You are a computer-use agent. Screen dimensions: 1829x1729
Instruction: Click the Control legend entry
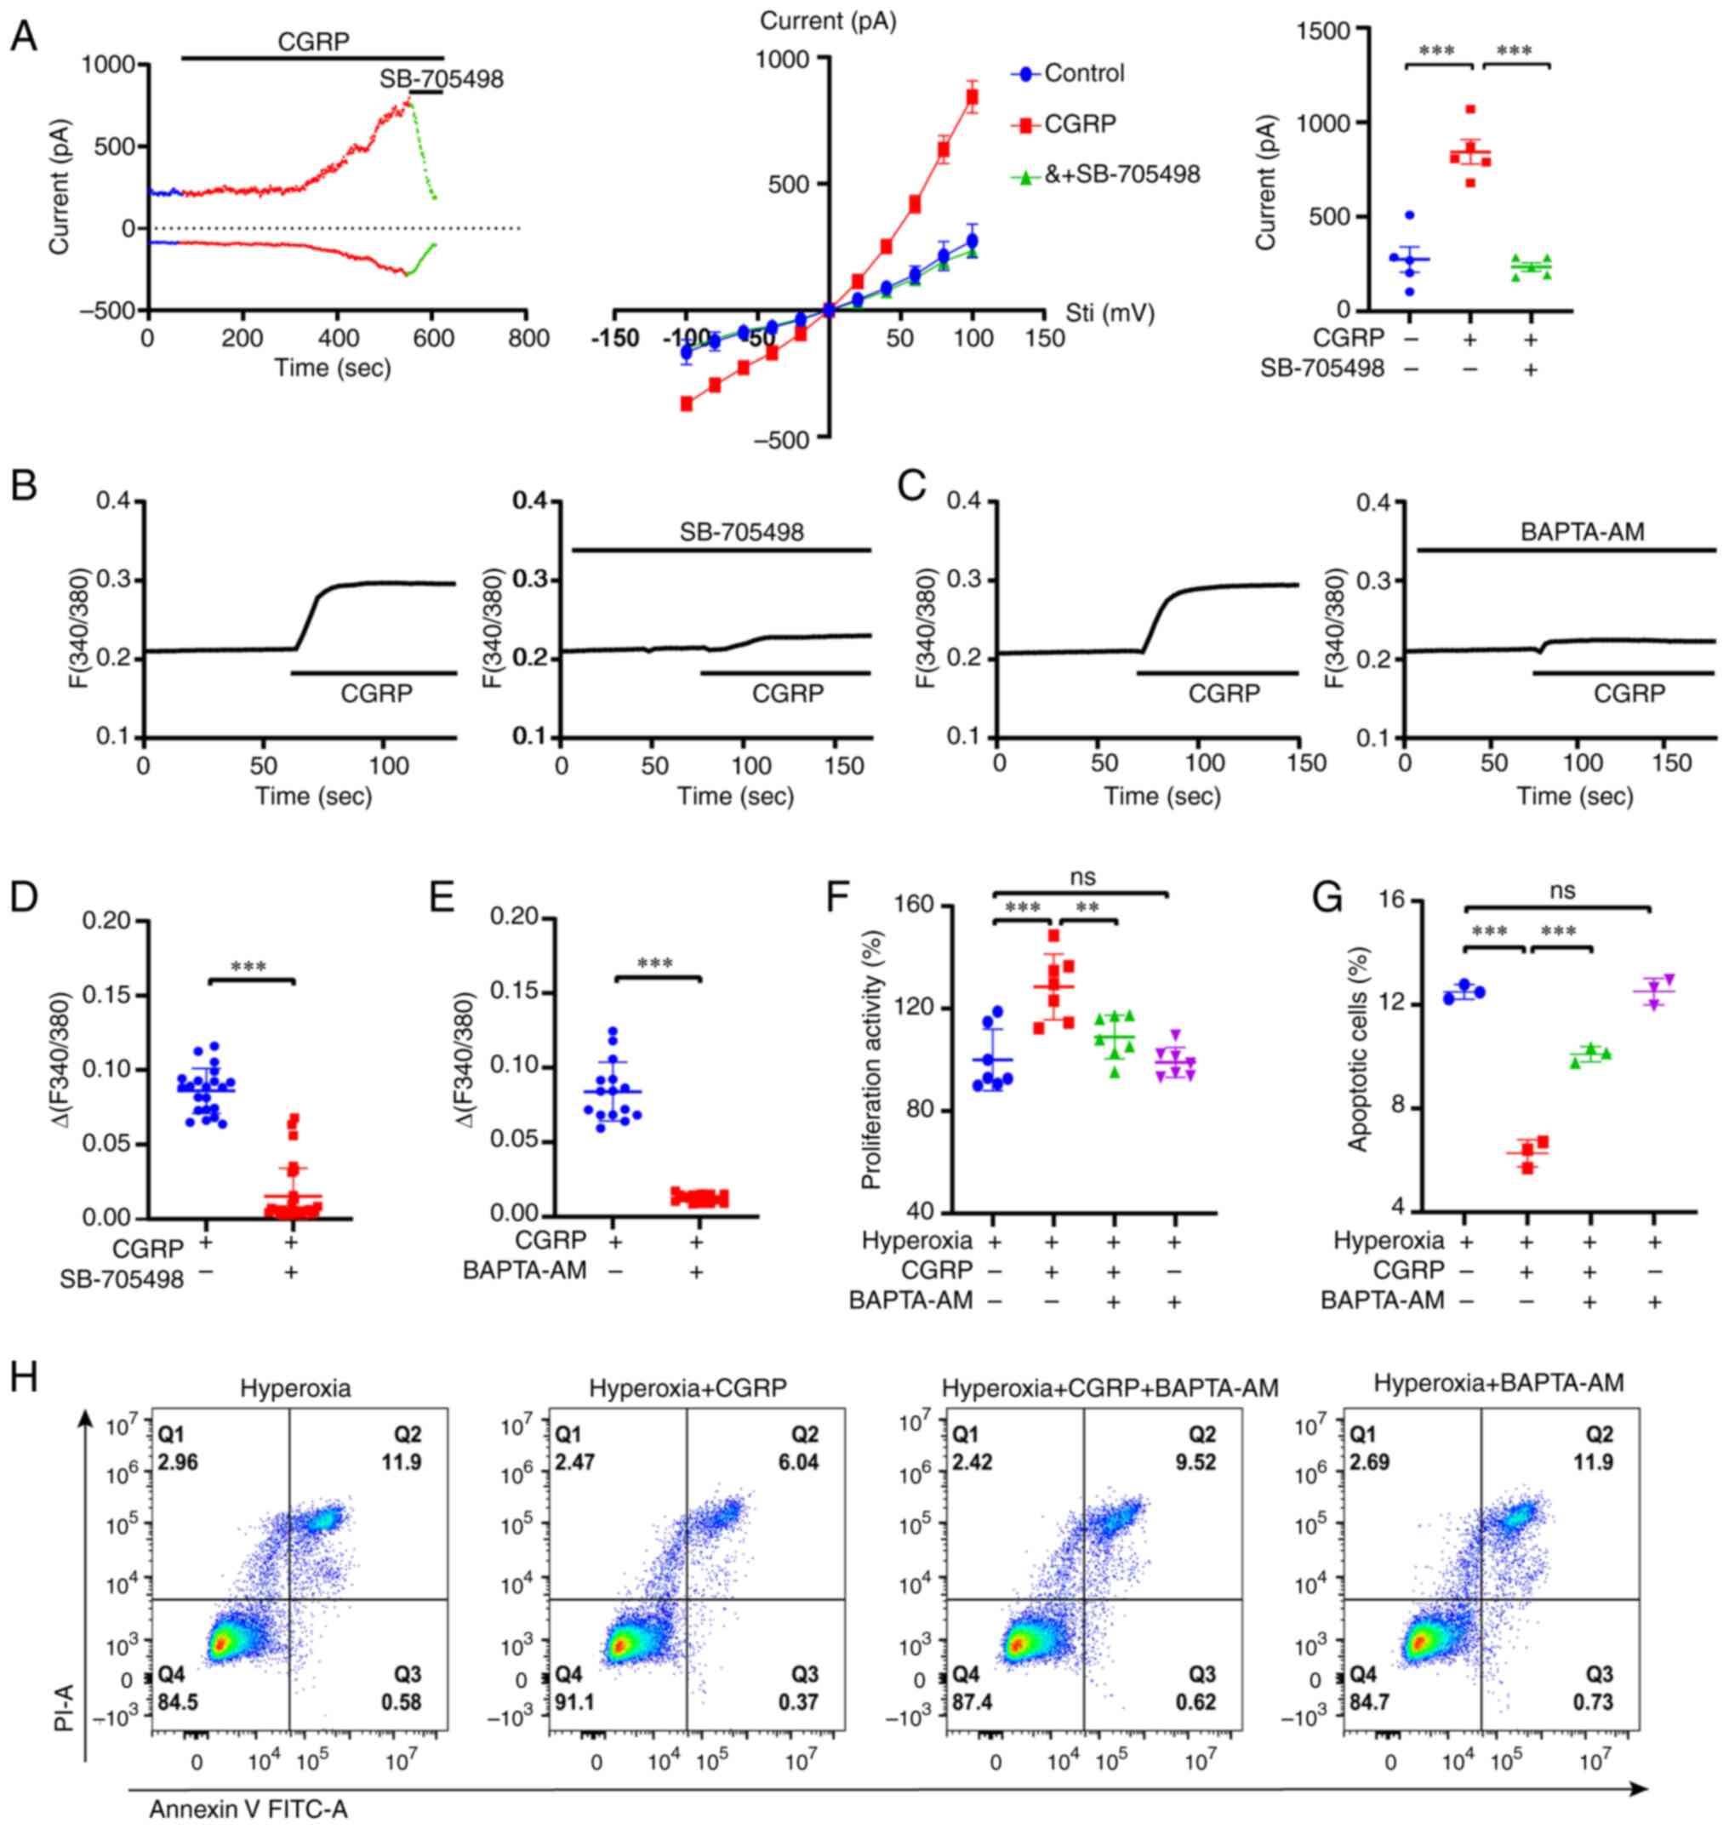click(1083, 73)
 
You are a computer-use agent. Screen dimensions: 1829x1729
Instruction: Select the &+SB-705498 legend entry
click(1121, 174)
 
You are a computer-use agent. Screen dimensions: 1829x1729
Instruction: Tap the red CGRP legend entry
click(1079, 123)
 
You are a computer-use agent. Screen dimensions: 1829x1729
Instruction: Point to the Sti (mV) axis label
click(1110, 313)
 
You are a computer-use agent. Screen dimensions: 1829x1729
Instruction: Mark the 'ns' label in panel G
click(1562, 889)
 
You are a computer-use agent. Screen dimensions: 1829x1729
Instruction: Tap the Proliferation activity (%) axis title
click(871, 1060)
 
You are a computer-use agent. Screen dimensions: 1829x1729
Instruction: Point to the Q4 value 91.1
click(573, 1700)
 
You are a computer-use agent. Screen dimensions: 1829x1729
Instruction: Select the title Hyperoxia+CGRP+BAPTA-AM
click(1110, 1386)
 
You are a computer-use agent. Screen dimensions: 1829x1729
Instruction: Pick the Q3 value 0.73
click(1594, 1700)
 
